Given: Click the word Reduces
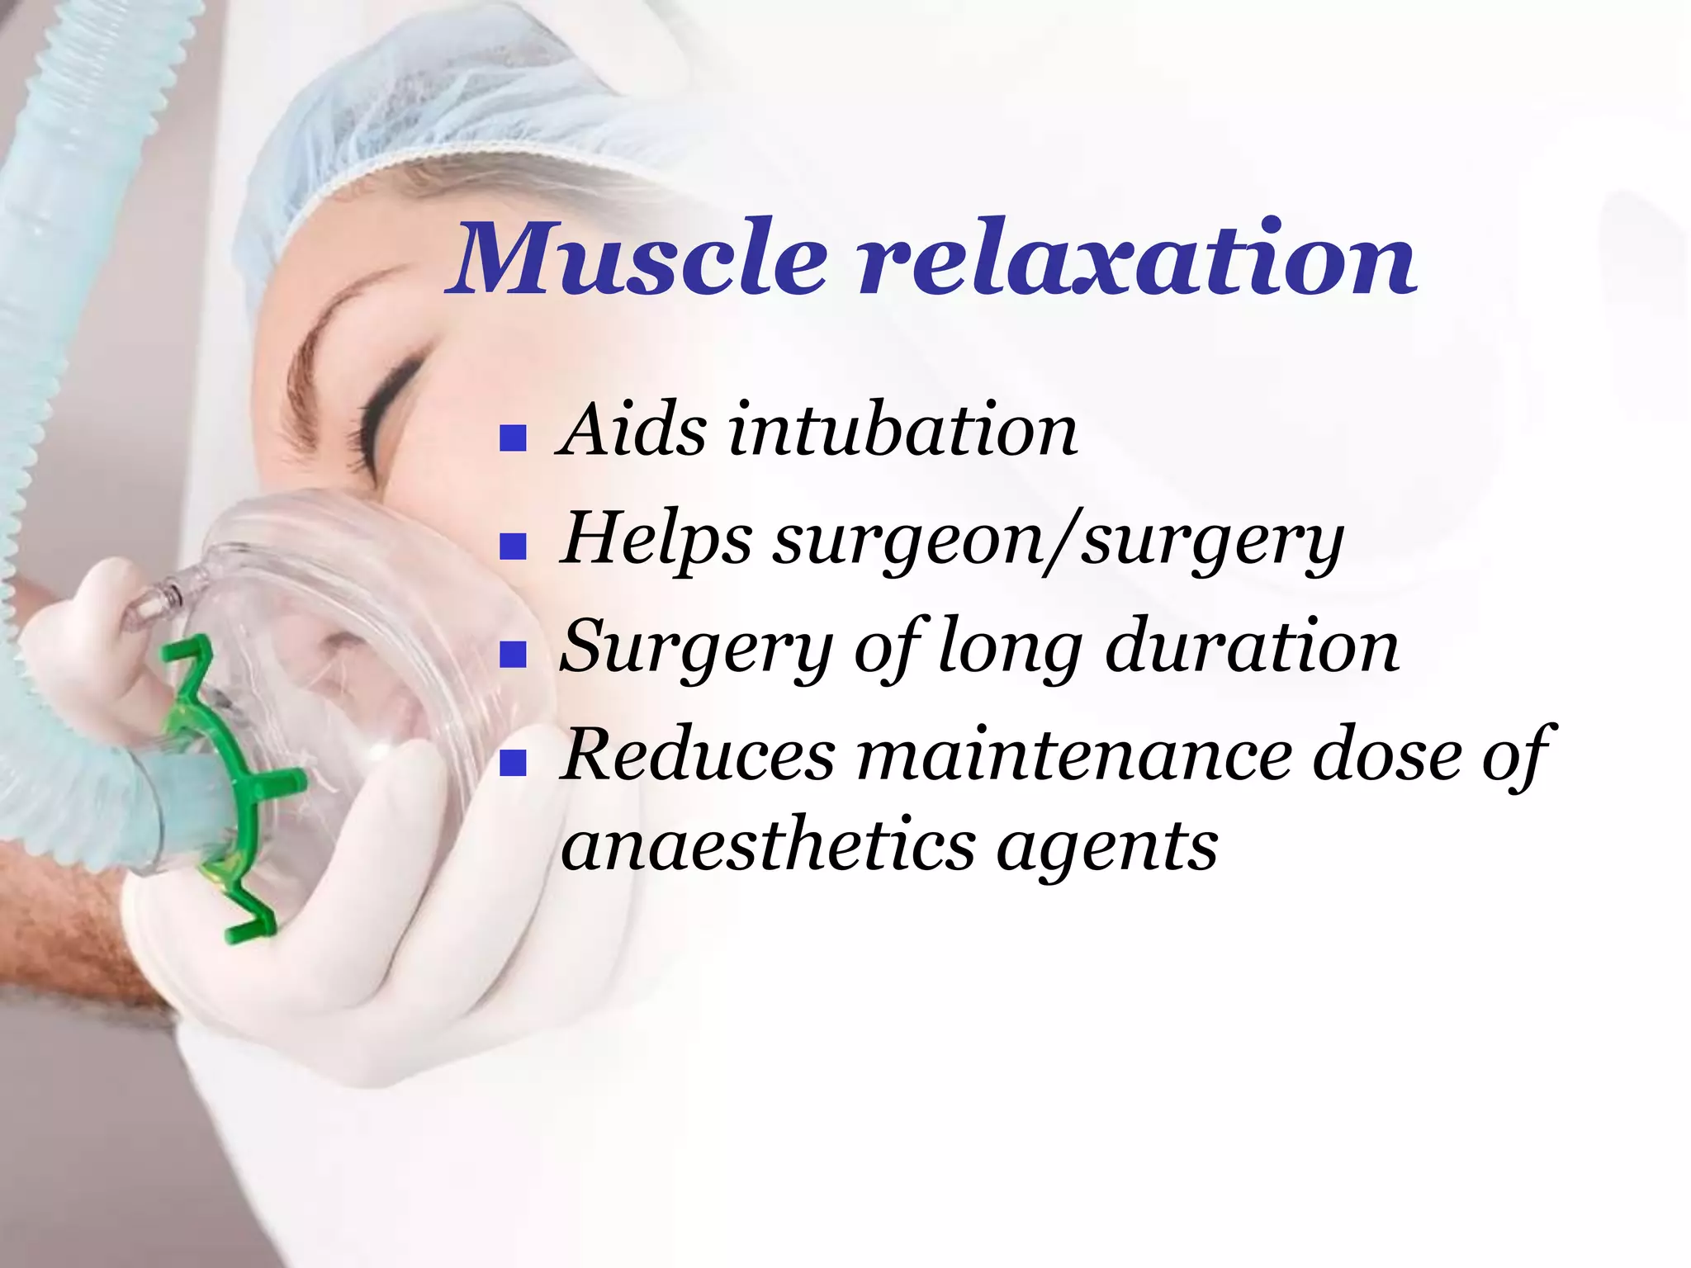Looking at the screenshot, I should (699, 755).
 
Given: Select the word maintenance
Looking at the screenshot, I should (1073, 755).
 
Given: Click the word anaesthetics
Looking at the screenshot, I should (768, 845).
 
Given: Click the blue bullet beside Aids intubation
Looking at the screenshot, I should (514, 438).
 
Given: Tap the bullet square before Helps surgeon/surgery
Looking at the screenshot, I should (514, 547).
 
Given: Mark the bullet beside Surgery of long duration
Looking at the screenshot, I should (514, 655).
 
